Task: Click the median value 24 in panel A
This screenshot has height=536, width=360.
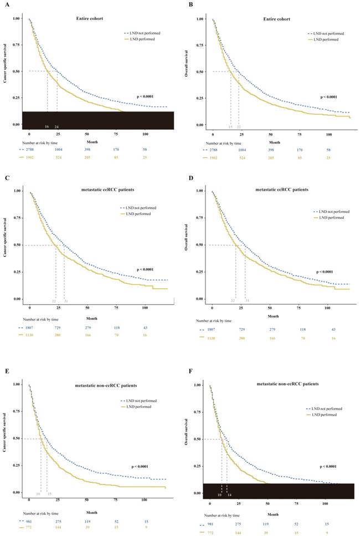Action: [56, 127]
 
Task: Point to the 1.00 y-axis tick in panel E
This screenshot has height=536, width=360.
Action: [17, 384]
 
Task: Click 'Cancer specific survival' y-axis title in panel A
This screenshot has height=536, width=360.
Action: [6, 72]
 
